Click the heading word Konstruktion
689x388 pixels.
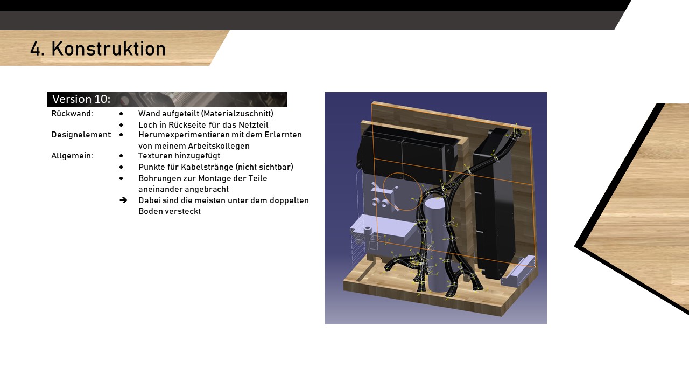coord(109,48)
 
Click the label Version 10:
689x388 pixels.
coord(81,99)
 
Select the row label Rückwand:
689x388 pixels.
coord(72,114)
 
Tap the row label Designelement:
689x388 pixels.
coord(81,135)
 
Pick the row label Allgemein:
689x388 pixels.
coord(72,156)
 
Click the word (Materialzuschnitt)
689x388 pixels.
coord(237,114)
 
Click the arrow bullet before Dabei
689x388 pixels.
coord(123,200)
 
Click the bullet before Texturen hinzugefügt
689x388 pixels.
coord(121,156)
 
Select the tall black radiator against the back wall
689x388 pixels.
coord(494,204)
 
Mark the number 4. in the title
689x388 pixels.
coord(37,49)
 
